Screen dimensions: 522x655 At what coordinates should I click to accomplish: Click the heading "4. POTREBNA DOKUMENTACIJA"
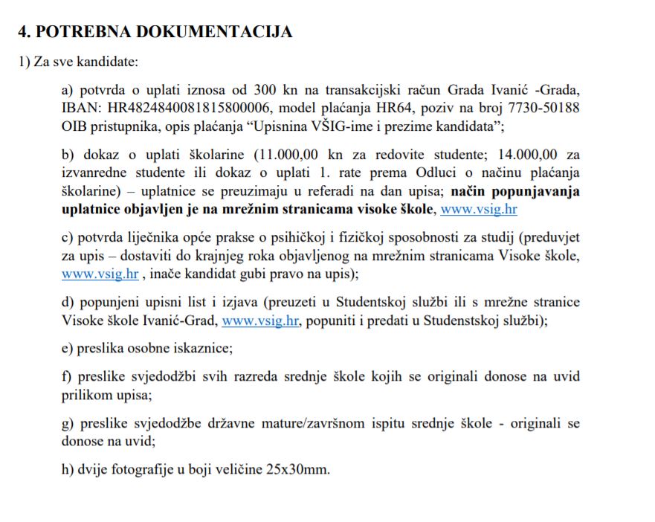pos(155,31)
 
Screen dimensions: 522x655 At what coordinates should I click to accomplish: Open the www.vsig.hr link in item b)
pos(478,209)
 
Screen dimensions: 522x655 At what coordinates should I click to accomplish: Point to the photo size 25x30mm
pos(294,469)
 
